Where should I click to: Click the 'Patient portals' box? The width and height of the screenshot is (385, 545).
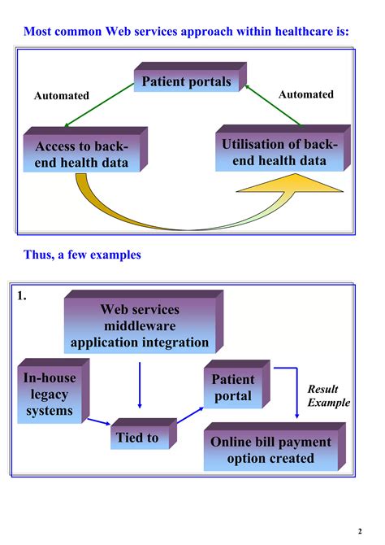coord(186,81)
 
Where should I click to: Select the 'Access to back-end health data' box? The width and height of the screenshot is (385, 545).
coord(81,154)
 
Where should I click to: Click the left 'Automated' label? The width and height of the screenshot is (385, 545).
coord(61,96)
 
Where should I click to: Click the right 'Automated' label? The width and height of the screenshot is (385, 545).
coord(305,94)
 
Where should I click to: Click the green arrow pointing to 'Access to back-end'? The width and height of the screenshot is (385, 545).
coord(98,107)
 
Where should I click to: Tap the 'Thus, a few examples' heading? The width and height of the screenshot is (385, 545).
coord(82,255)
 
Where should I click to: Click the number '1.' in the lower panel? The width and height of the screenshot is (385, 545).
coord(23,297)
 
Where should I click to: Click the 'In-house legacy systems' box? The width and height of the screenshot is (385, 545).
coord(49,395)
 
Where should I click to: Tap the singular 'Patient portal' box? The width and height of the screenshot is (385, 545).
coord(233,388)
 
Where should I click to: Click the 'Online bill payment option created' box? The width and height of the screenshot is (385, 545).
coord(270,450)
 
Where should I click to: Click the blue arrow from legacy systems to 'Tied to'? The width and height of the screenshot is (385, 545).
coord(99,421)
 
